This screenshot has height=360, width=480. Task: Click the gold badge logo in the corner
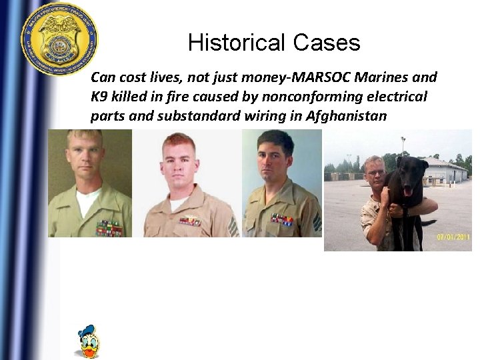[x=59, y=38]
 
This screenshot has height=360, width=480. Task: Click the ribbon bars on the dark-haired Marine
[x=281, y=219]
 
